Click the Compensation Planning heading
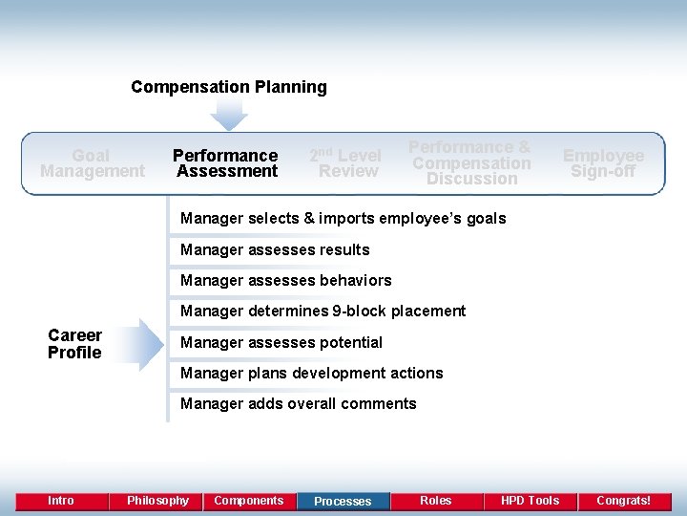tap(229, 87)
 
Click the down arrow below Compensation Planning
tap(229, 115)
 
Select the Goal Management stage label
tap(92, 163)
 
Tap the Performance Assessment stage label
tap(225, 163)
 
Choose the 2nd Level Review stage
tap(346, 163)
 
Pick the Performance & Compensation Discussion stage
tap(471, 162)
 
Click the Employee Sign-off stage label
tap(603, 163)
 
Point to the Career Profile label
tap(74, 344)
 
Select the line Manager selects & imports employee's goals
tap(343, 219)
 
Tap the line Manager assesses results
tap(275, 250)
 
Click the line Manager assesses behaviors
tap(286, 281)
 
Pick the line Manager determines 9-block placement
tap(323, 312)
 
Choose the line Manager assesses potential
tap(281, 342)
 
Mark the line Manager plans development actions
tap(312, 373)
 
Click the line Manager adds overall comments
tap(299, 403)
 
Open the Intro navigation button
tap(61, 501)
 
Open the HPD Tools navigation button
tap(530, 501)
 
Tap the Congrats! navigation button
tap(623, 501)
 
